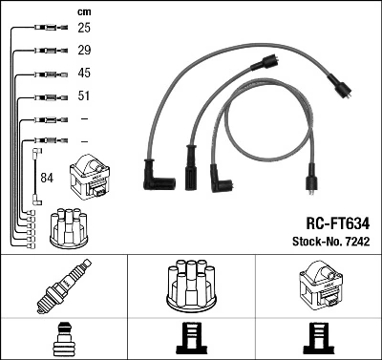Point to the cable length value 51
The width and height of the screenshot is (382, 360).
84,96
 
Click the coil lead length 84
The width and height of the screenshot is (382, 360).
48,177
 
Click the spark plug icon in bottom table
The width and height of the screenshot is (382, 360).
62,286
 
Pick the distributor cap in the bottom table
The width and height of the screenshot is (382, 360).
191,285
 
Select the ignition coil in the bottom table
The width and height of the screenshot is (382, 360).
317,286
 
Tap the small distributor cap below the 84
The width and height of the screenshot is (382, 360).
74,226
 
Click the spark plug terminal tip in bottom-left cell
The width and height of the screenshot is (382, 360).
62,340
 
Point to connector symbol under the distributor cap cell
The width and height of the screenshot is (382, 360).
191,340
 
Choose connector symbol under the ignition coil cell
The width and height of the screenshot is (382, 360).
317,340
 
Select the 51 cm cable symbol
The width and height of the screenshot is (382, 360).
47,96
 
